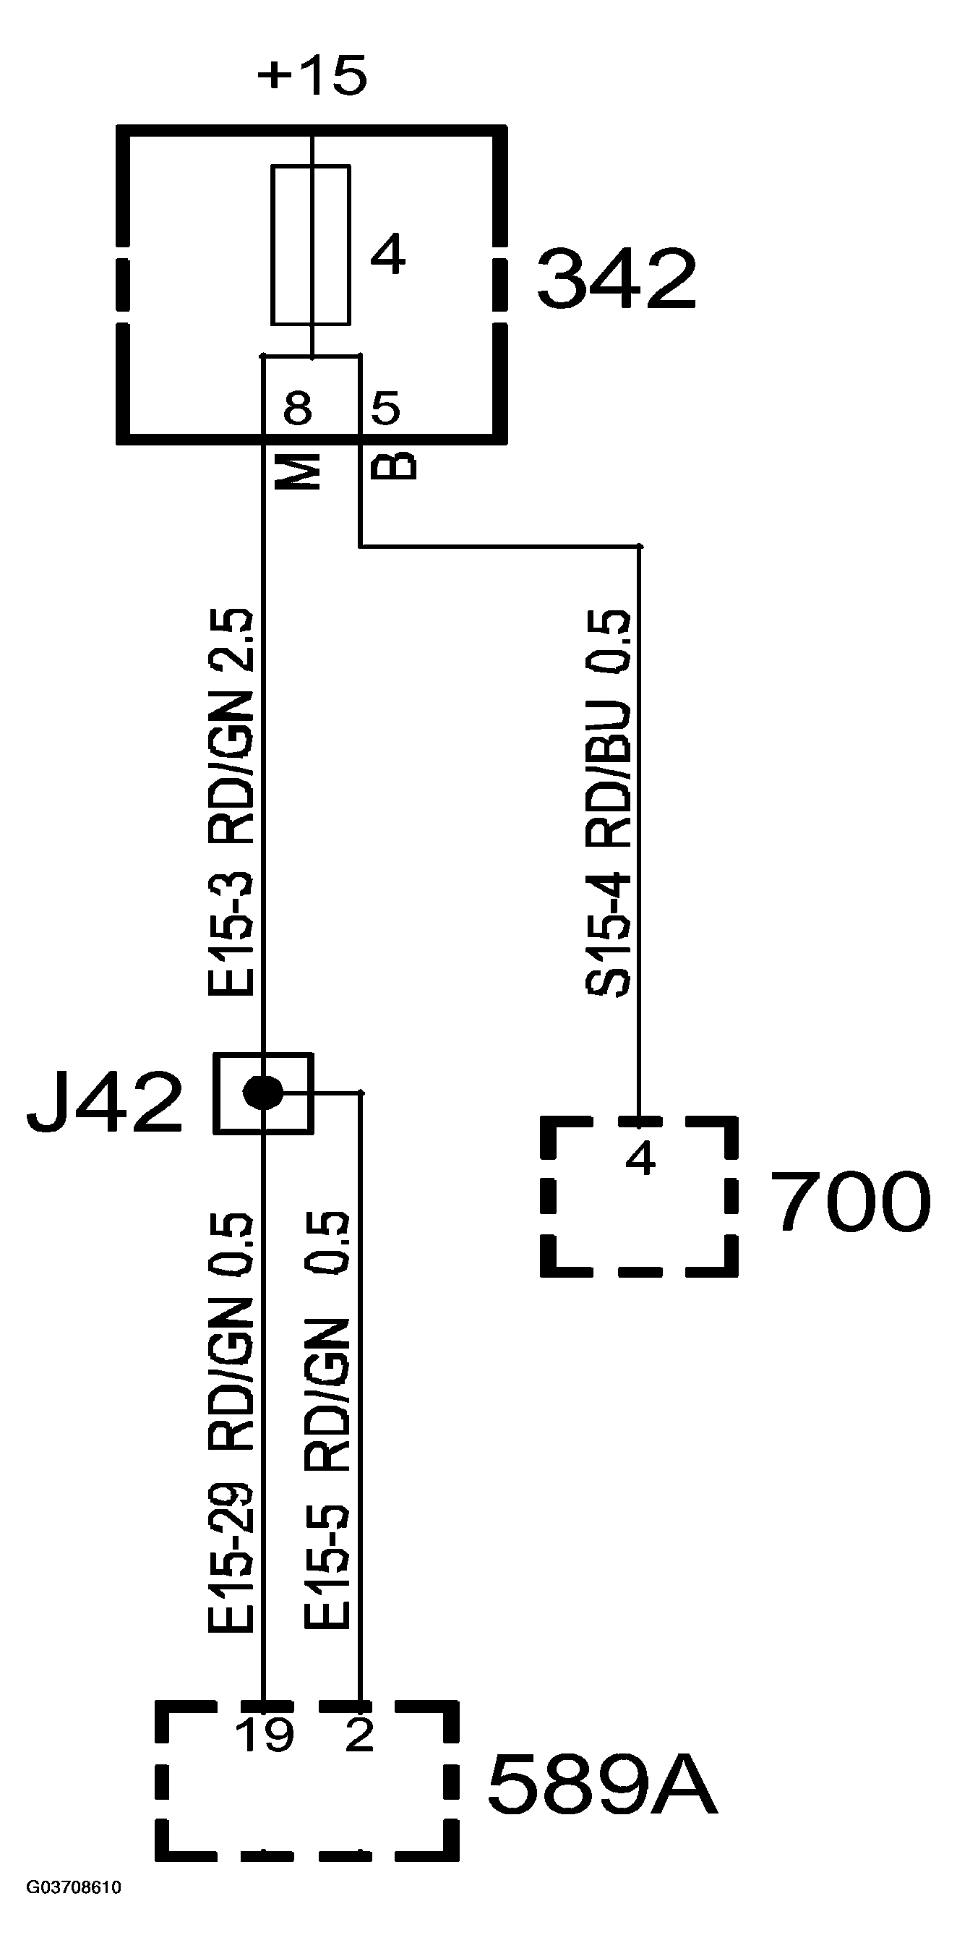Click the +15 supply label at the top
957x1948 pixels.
click(x=312, y=76)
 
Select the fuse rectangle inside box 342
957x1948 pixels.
click(x=311, y=245)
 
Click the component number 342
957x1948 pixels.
click(x=616, y=279)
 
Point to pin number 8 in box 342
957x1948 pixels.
click(x=298, y=409)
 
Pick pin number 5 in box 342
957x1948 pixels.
click(x=385, y=409)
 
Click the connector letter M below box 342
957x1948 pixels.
click(x=299, y=472)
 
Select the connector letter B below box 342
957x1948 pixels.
click(x=394, y=466)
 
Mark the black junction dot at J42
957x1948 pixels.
click(x=262, y=1092)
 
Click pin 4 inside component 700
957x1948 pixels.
click(x=640, y=1158)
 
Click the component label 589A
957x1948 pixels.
click(x=601, y=1785)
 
